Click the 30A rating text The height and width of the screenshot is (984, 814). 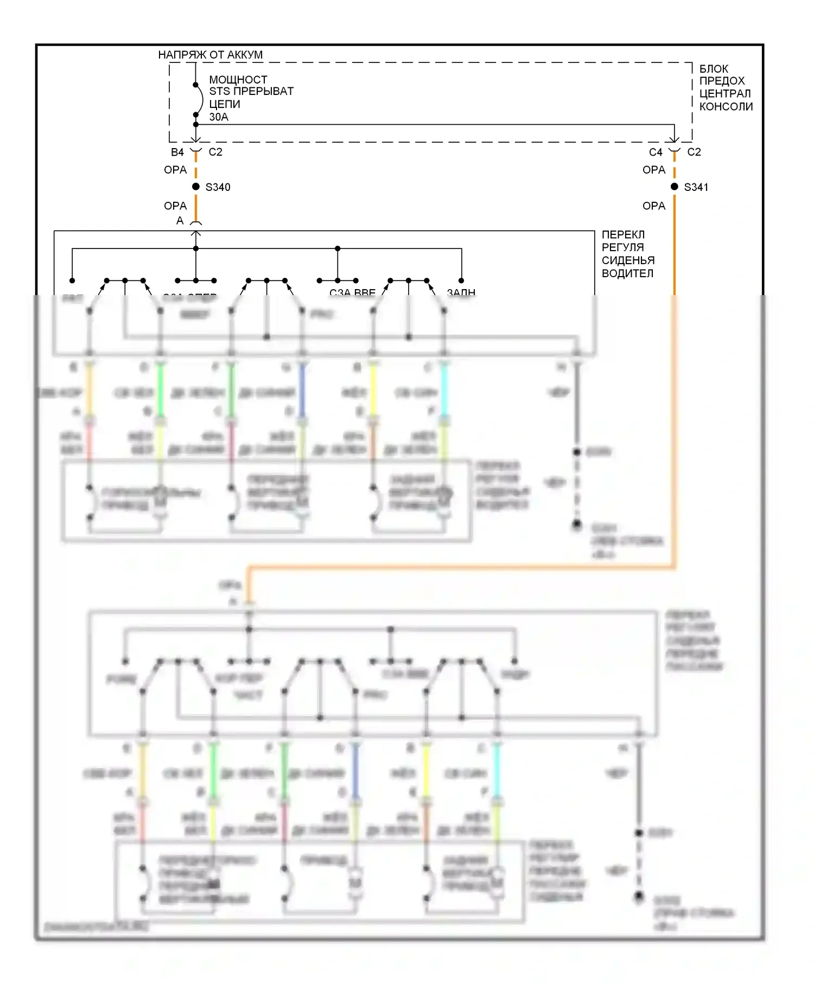(x=219, y=117)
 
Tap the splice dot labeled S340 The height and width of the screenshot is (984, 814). (x=196, y=187)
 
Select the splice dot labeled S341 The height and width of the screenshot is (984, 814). (x=675, y=187)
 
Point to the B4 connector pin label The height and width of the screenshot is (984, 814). (x=177, y=152)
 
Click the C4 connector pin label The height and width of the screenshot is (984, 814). (x=656, y=152)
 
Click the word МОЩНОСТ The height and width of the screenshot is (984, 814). (x=238, y=80)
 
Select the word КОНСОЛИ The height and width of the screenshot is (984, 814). (x=726, y=107)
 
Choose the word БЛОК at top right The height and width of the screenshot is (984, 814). (x=714, y=69)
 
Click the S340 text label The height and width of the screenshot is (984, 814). (x=218, y=187)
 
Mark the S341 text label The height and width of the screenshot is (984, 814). (x=696, y=187)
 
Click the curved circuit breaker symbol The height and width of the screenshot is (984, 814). (x=200, y=100)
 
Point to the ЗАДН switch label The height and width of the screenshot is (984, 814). (x=461, y=292)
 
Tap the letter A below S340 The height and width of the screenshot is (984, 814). (x=180, y=221)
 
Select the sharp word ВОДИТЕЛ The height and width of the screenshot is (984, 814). (x=627, y=273)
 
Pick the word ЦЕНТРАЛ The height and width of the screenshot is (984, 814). (x=724, y=94)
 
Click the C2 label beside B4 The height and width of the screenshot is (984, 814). (x=215, y=152)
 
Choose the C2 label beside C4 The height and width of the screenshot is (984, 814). (x=694, y=152)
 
